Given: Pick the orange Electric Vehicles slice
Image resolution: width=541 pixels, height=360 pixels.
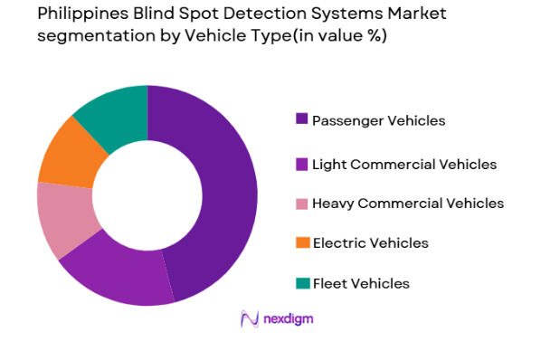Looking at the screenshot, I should pyautogui.click(x=68, y=154).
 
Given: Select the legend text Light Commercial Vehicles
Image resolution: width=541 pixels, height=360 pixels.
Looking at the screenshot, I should pyautogui.click(x=403, y=164).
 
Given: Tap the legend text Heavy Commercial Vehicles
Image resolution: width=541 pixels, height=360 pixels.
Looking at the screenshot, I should pyautogui.click(x=407, y=204).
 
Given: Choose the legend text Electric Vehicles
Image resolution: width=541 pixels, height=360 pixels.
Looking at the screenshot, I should pyautogui.click(x=370, y=243).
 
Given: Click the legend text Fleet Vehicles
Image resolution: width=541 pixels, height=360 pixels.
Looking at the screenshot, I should pyautogui.click(x=360, y=283).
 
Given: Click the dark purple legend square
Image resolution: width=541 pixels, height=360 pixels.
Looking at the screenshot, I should pyautogui.click(x=301, y=120).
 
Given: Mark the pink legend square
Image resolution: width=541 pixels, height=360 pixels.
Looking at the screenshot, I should pyautogui.click(x=301, y=204).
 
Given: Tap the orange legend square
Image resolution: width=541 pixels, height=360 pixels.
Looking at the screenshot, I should pyautogui.click(x=301, y=243).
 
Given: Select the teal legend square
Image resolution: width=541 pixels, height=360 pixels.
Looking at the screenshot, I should pyautogui.click(x=301, y=283).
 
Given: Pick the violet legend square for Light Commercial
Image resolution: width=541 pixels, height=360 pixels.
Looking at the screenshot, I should pyautogui.click(x=301, y=164).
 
